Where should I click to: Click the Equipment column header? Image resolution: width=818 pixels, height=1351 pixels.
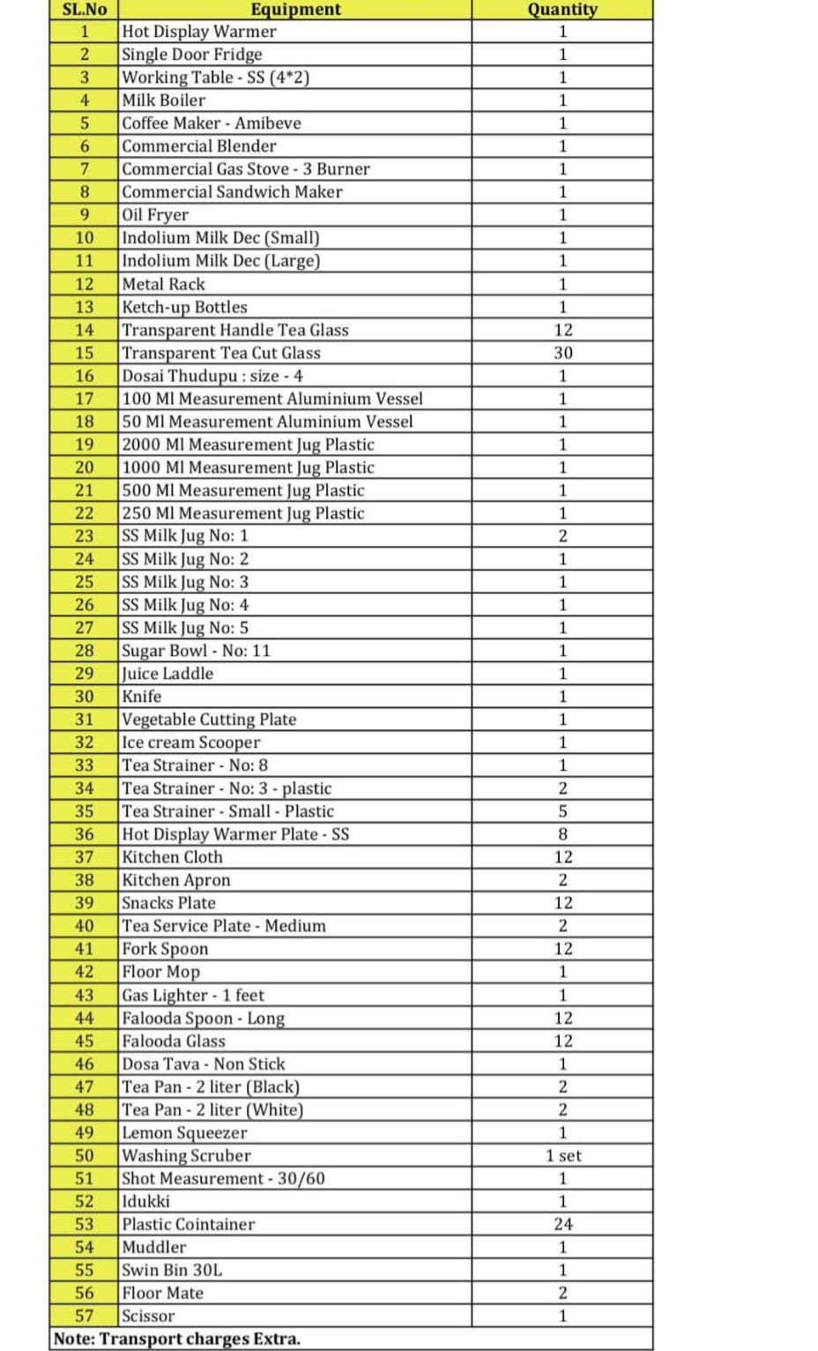pos(295,10)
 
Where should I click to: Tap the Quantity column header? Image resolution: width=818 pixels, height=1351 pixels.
pos(562,10)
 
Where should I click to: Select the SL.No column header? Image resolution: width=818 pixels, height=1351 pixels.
pos(85,10)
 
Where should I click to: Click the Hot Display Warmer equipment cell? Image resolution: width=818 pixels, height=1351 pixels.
pos(199,32)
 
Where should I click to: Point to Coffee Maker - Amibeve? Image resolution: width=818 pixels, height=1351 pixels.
pos(212,123)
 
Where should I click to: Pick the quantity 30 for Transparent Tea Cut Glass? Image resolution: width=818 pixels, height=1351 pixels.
pos(562,353)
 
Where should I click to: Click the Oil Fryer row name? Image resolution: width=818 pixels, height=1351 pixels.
pos(155,215)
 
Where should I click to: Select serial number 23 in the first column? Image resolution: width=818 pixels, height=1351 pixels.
pos(85,536)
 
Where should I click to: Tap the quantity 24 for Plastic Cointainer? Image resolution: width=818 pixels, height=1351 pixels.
pos(562,1224)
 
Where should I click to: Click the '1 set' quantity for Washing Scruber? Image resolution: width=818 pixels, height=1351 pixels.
pos(562,1155)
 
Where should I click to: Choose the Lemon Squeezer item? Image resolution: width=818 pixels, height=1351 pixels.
pos(184,1132)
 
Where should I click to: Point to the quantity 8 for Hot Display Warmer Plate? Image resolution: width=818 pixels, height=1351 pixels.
pos(562,834)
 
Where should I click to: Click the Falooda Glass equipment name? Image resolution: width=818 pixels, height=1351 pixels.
pos(174,1041)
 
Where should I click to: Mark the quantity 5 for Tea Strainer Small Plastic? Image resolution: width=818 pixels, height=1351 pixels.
pos(562,811)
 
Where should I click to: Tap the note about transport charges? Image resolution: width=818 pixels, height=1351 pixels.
pos(177,1339)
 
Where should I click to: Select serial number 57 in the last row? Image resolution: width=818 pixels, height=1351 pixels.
pos(85,1316)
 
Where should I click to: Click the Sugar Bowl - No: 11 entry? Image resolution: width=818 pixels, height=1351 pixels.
pos(197,651)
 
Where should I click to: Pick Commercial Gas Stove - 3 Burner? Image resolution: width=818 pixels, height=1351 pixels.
pos(246,169)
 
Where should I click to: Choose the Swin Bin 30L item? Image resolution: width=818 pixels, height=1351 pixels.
pos(172,1270)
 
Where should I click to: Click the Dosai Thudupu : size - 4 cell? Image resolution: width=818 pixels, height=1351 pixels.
pos(212,376)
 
